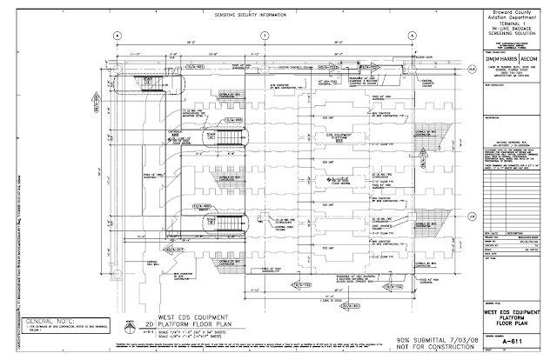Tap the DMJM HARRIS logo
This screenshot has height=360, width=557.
point(500,58)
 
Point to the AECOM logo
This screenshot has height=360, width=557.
point(530,58)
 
